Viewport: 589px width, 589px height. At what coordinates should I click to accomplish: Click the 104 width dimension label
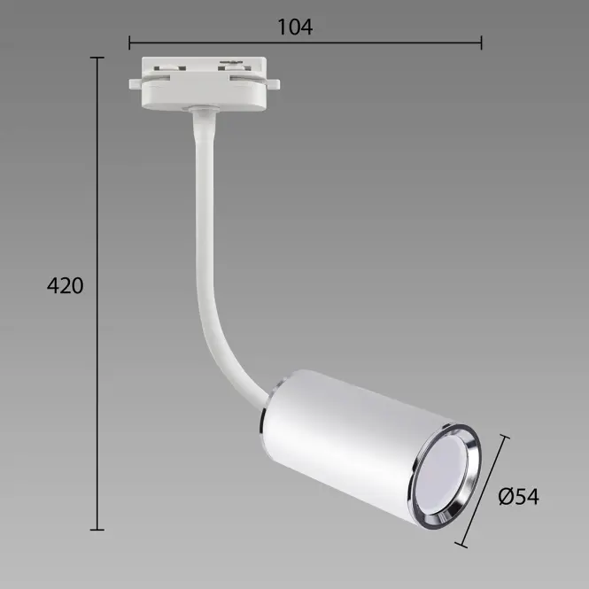(295, 27)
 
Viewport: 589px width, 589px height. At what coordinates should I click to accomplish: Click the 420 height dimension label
(65, 285)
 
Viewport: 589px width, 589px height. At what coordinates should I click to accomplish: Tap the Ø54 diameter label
(518, 496)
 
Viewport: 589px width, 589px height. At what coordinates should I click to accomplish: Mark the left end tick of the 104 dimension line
(129, 43)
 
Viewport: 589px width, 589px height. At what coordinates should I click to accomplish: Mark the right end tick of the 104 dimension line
(481, 43)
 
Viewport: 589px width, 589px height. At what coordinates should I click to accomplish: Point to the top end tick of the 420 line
(97, 58)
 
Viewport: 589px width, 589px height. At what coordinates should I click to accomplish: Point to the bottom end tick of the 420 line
(97, 530)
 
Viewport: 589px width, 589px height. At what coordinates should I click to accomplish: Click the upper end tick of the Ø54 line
(505, 437)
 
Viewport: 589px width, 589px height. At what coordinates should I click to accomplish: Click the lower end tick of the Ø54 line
(461, 545)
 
